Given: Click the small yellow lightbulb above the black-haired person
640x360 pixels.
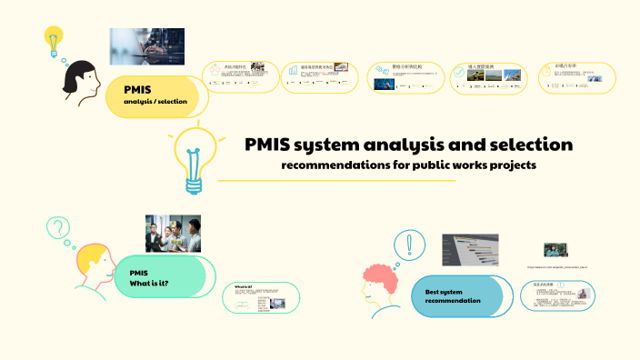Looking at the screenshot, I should coord(53,39).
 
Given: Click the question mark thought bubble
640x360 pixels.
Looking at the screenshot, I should coord(58,226).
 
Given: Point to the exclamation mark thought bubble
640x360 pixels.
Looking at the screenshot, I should coord(410,245).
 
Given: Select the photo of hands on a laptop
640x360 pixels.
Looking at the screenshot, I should coord(147,45).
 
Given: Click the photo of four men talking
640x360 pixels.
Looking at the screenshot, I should coord(173,233).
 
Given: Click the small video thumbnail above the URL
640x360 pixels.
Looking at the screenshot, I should coord(556,250).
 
